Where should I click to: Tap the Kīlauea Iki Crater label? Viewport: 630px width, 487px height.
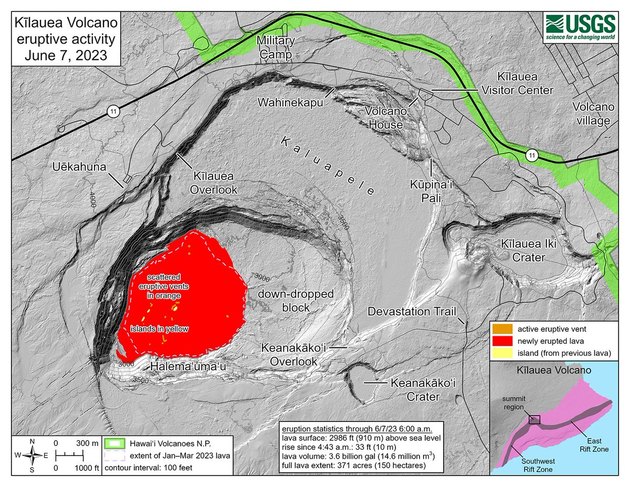click(531, 251)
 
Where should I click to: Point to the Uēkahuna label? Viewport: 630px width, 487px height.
click(78, 167)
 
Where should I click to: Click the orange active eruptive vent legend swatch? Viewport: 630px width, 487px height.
click(500, 329)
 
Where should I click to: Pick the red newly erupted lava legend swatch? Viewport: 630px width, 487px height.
click(500, 341)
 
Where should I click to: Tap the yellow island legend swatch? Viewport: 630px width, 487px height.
click(500, 353)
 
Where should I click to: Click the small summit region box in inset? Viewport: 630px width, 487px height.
click(534, 419)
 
